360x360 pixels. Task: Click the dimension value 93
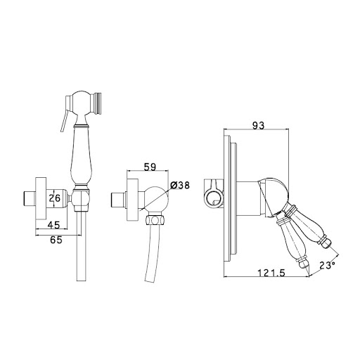pos(258,125)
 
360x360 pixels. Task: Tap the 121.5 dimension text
pos(271,273)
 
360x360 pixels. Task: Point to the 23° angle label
pos(327,265)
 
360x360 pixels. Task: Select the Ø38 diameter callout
pos(180,185)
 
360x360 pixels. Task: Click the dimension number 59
pos(150,167)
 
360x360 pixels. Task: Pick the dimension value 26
pos(55,198)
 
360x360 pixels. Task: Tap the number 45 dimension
pos(54,225)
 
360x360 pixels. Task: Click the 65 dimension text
pos(56,240)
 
